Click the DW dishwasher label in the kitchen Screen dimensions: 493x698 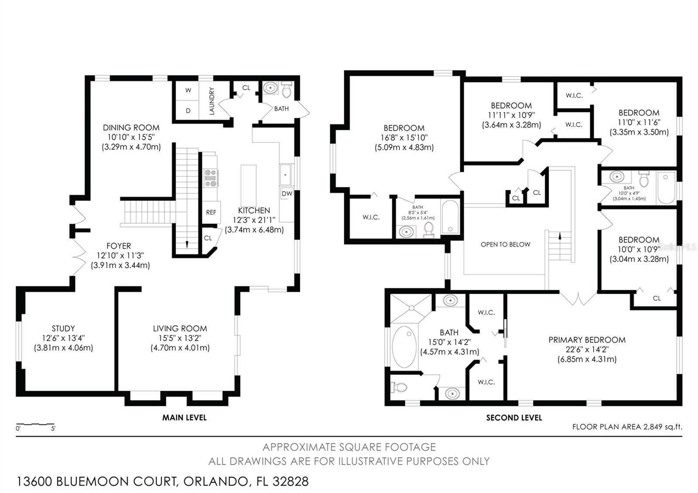[287, 194]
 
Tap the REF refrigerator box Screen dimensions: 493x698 [211, 212]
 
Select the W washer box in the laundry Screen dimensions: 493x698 [188, 90]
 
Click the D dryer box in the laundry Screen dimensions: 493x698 [188, 110]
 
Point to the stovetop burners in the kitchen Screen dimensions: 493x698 [211, 178]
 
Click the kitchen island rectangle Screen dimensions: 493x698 [249, 188]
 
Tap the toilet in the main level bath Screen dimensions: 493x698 [286, 90]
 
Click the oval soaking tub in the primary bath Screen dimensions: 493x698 [404, 347]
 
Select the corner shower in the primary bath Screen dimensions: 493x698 [410, 308]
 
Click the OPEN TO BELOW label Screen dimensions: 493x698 [505, 244]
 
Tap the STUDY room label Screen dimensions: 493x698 [63, 329]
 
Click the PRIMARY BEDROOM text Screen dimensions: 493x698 [587, 340]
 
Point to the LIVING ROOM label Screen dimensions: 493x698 [180, 329]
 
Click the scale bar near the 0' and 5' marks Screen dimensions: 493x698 [35, 424]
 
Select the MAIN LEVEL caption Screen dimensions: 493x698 [184, 418]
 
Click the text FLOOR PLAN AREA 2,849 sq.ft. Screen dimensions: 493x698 [627, 427]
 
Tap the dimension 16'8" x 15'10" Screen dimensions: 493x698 [404, 137]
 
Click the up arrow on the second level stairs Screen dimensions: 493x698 [560, 236]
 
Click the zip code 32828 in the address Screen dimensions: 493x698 [291, 482]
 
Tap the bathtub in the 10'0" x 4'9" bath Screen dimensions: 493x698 [666, 188]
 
